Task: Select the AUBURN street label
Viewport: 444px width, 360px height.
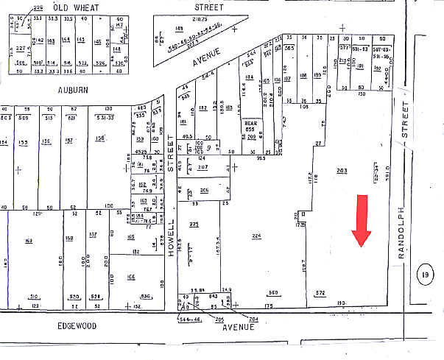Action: (73, 89)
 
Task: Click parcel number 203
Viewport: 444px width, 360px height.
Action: (342, 172)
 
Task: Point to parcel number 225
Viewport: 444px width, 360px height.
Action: (194, 224)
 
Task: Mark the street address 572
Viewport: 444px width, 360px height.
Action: (320, 293)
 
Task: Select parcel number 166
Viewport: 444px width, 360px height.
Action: (131, 276)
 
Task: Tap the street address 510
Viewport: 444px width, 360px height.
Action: (34, 297)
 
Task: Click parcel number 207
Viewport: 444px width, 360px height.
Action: (202, 168)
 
